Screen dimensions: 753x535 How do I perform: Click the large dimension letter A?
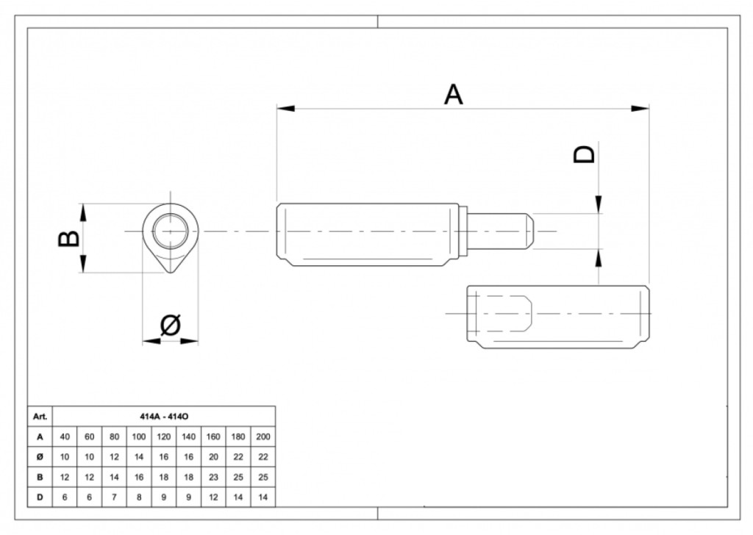453,95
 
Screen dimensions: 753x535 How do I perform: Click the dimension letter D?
585,154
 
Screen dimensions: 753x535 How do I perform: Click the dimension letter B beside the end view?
68,238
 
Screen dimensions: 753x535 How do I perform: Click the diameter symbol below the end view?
170,325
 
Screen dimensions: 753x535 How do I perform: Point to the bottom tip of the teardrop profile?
170,273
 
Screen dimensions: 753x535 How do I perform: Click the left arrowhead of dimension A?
286,109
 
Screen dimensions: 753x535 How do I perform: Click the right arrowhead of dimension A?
640,109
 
